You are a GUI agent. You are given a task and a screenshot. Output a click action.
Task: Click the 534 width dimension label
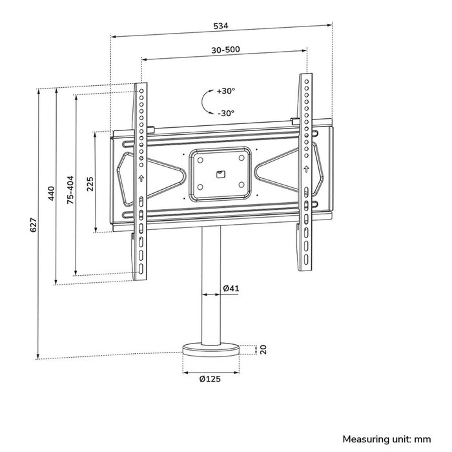(221, 27)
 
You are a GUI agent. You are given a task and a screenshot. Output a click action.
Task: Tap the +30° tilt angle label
(226, 91)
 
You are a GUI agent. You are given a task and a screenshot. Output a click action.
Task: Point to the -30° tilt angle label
(226, 113)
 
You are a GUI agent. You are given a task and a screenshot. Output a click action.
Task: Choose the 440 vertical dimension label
(52, 194)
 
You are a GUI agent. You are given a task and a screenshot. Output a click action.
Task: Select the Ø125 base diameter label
(211, 380)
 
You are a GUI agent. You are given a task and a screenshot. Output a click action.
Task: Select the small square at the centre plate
(220, 172)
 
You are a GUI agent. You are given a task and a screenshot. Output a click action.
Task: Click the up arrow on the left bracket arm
(140, 179)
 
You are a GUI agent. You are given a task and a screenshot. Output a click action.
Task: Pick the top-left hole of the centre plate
(200, 159)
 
